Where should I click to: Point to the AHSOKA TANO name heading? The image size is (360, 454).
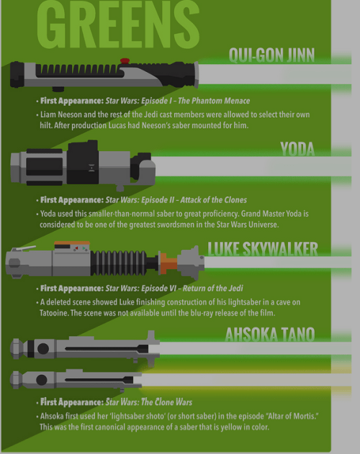pyautogui.click(x=271, y=335)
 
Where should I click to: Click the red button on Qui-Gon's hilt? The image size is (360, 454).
pyautogui.click(x=124, y=60)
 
